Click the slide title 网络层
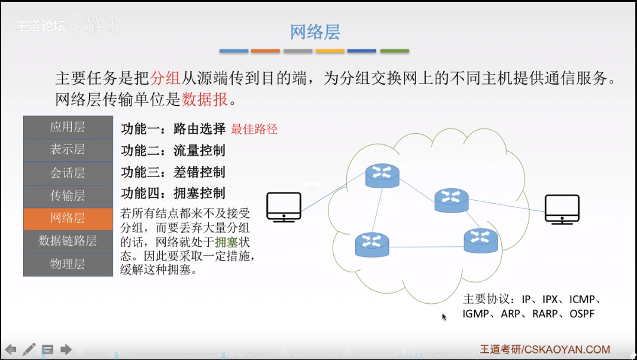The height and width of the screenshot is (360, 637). (314, 32)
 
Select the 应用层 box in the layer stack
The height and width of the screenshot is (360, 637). (67, 127)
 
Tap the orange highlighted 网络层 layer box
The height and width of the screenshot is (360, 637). (67, 218)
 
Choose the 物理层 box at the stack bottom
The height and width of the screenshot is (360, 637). (67, 264)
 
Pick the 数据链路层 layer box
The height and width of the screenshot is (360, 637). (67, 241)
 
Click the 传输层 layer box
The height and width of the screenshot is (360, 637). (67, 195)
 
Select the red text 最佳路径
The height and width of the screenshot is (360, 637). (254, 129)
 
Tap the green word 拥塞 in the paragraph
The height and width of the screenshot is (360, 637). (226, 242)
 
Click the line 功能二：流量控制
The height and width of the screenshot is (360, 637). (173, 150)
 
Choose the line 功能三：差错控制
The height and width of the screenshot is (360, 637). (173, 172)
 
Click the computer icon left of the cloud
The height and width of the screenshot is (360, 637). (284, 207)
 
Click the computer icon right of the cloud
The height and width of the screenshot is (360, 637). (562, 209)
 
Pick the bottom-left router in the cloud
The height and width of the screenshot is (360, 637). (372, 245)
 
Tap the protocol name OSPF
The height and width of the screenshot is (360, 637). (582, 314)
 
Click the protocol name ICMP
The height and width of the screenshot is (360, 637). (583, 300)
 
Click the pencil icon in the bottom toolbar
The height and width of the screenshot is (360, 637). (29, 349)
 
